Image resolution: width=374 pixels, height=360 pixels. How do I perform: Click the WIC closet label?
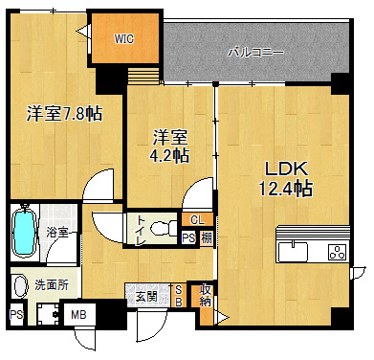click(124, 39)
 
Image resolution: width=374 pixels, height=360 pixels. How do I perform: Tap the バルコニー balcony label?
click(255, 52)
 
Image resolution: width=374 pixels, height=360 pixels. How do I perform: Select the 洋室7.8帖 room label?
click(64, 114)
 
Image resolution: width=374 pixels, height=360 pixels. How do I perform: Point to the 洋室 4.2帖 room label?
click(169, 146)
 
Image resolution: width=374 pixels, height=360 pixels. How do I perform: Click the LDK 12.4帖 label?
click(285, 179)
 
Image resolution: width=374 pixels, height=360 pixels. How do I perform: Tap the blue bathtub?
click(23, 231)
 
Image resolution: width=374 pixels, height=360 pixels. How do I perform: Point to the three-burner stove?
click(338, 252)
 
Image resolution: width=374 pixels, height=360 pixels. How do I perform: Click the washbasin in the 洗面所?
click(21, 285)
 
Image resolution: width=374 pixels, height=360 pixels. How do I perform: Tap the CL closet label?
click(197, 219)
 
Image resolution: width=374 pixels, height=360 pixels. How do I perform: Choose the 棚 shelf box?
click(207, 237)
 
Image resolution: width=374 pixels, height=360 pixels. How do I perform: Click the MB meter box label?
click(78, 315)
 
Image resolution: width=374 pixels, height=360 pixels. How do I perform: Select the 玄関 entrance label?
click(146, 297)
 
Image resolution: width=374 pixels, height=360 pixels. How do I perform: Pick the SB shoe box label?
click(179, 296)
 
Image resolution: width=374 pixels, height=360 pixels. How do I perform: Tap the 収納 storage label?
click(206, 296)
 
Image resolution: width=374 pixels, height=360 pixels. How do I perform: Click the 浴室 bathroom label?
click(57, 232)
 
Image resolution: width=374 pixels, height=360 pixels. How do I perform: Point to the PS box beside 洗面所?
click(16, 315)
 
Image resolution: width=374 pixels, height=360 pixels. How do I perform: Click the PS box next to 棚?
click(188, 237)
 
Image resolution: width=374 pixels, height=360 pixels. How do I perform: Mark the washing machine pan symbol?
click(48, 314)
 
